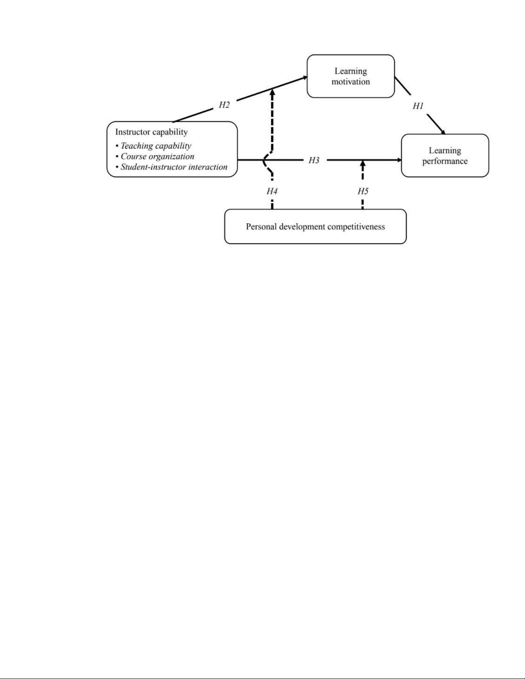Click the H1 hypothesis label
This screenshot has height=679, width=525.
pyautogui.click(x=418, y=106)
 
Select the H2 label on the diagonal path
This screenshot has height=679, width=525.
pyautogui.click(x=224, y=105)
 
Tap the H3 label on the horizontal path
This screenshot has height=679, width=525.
pyautogui.click(x=314, y=160)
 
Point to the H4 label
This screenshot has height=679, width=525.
pyautogui.click(x=272, y=191)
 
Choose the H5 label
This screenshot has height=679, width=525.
pyautogui.click(x=363, y=191)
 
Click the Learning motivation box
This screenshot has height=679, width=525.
pyautogui.click(x=351, y=76)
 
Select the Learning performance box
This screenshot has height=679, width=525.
pyautogui.click(x=445, y=156)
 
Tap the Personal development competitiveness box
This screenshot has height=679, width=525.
pyautogui.click(x=315, y=226)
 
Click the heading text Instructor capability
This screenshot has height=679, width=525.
pyautogui.click(x=151, y=132)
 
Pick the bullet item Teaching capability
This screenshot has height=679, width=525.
pyautogui.click(x=156, y=146)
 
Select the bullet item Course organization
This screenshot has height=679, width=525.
pyautogui.click(x=157, y=156)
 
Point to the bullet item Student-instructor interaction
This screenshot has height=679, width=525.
pyautogui.click(x=174, y=167)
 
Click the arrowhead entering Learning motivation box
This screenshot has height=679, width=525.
pyautogui.click(x=305, y=78)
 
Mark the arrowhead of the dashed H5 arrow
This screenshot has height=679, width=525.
pyautogui.click(x=363, y=163)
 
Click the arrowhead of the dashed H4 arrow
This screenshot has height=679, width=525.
pyautogui.click(x=272, y=90)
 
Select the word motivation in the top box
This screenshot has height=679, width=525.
pyautogui.click(x=351, y=82)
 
